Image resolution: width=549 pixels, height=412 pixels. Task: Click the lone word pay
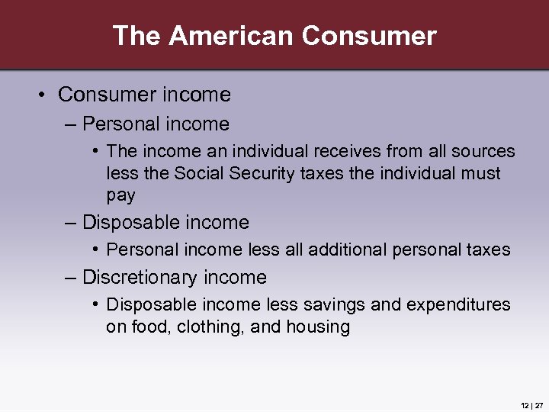click(x=120, y=195)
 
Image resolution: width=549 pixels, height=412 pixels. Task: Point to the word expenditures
click(x=458, y=305)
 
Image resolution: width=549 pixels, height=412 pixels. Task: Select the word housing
click(x=318, y=327)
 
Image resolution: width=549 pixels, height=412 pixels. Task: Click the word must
click(x=481, y=173)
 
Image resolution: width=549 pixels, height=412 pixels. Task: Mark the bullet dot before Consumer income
click(x=43, y=95)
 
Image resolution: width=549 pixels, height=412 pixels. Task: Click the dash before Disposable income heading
click(x=70, y=223)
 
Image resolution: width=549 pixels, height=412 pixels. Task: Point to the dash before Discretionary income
click(x=70, y=278)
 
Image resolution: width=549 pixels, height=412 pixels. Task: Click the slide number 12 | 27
click(x=532, y=404)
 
